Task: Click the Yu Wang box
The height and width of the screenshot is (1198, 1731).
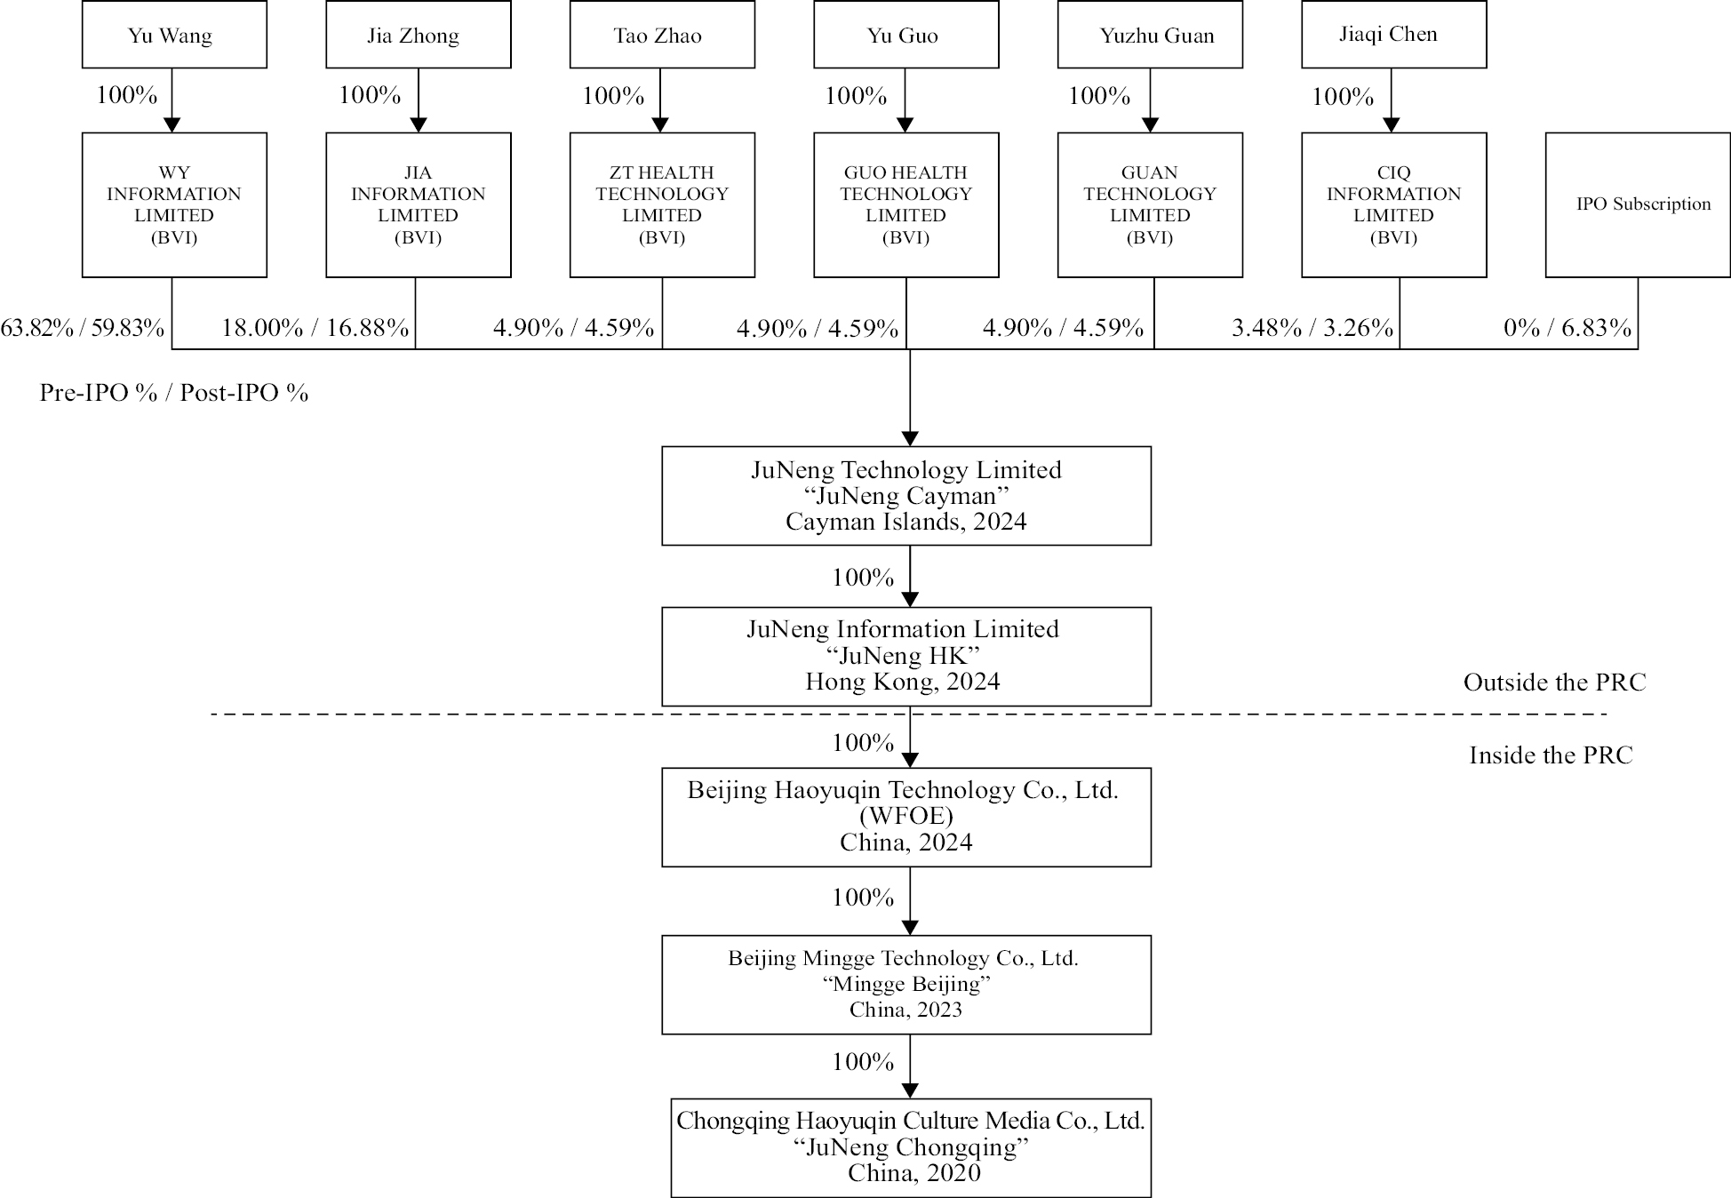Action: [174, 36]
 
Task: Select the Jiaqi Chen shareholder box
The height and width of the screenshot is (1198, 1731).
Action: [1393, 35]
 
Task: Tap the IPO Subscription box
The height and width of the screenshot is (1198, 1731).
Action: [1637, 204]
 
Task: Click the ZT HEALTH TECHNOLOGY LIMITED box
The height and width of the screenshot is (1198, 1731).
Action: [662, 204]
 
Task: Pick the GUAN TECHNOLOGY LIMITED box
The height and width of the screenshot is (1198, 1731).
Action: [1149, 204]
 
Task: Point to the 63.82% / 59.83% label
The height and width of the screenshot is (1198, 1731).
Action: [83, 328]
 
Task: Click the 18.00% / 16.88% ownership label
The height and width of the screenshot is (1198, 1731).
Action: [315, 328]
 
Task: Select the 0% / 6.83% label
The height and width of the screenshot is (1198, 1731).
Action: [1567, 328]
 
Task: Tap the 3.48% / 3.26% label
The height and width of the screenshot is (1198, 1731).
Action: [1312, 328]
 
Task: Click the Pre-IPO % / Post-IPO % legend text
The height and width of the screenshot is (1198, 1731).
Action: [174, 393]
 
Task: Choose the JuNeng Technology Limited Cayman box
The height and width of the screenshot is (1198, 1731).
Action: [905, 495]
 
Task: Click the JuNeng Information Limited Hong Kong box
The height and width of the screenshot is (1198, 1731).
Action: [905, 656]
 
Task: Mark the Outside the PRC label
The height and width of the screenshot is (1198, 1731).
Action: [1554, 683]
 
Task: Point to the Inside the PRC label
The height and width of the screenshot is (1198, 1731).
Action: [1551, 755]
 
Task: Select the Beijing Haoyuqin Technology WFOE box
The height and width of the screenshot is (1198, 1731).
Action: [905, 817]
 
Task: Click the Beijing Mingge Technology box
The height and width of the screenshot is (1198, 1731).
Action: [905, 984]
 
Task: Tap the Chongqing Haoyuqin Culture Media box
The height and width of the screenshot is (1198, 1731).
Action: [910, 1147]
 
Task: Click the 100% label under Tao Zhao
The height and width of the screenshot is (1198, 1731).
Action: [613, 96]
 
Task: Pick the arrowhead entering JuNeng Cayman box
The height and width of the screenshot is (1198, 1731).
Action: [909, 439]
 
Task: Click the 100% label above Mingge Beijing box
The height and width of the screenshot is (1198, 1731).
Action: [862, 898]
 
